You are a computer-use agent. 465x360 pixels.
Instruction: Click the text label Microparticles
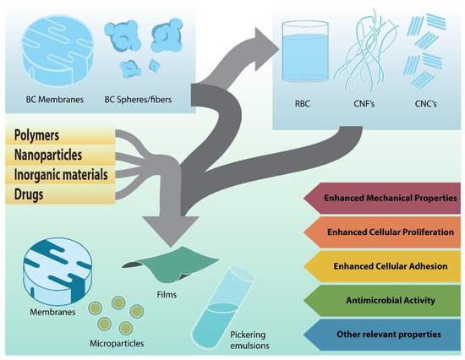(117, 346)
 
